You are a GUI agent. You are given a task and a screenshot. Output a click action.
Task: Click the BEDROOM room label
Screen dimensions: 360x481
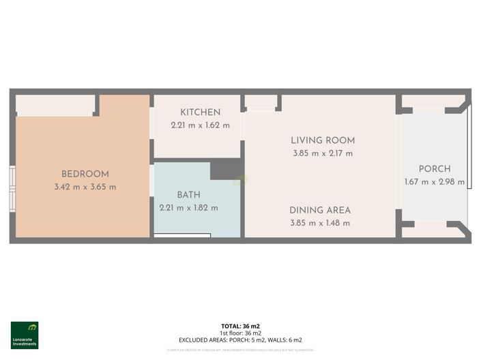tap(85, 174)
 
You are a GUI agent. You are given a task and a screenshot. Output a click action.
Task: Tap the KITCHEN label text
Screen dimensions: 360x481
tap(200, 112)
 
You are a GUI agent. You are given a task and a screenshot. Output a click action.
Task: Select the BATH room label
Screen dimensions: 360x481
tap(188, 195)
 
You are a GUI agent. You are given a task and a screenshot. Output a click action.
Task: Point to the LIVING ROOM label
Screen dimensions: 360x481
tap(323, 140)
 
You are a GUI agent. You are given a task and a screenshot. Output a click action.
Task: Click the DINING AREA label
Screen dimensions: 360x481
tap(319, 210)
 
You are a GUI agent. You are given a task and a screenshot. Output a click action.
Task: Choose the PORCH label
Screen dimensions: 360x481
tap(435, 169)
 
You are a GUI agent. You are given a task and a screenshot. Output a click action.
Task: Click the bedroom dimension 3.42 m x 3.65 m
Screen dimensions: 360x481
tap(85, 187)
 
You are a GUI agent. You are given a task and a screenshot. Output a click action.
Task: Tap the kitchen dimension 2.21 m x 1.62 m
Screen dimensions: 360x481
tap(200, 125)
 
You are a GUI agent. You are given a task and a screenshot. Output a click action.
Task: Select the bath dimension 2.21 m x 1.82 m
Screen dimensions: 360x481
tap(188, 207)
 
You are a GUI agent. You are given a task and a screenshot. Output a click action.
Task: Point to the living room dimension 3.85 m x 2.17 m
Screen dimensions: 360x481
tap(323, 153)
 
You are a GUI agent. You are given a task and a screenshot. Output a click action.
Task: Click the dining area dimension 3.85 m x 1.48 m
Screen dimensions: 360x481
tap(319, 223)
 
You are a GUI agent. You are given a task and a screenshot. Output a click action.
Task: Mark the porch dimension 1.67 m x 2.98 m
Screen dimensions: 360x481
tap(435, 182)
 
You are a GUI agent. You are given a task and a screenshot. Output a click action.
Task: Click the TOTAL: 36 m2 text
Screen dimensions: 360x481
tap(240, 327)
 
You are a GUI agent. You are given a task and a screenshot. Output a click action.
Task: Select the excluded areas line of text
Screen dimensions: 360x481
tap(240, 340)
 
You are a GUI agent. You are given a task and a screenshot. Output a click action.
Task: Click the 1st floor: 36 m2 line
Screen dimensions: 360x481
tap(240, 333)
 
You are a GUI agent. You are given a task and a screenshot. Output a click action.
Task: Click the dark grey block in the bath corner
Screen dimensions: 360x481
tap(227, 169)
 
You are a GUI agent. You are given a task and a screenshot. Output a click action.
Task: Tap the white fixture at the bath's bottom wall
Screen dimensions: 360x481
tap(182, 235)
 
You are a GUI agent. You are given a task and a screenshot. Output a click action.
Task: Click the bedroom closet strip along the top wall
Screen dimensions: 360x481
tap(55, 104)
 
